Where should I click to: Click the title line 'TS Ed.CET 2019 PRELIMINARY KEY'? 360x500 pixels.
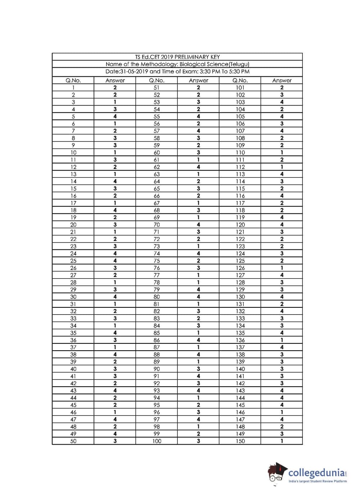click(x=177, y=57)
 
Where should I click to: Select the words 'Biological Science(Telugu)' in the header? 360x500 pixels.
click(x=215, y=64)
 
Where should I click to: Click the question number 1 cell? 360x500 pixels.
click(x=73, y=87)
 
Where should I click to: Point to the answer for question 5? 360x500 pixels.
click(x=115, y=116)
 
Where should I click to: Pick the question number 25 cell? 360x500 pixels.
click(x=73, y=261)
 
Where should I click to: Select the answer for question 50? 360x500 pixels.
click(x=115, y=441)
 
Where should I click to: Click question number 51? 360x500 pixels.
click(x=157, y=87)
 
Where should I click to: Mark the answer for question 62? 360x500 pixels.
click(x=198, y=167)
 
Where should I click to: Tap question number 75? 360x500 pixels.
click(x=157, y=261)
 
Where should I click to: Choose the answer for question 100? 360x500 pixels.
click(x=198, y=441)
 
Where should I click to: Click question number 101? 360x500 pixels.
click(x=240, y=87)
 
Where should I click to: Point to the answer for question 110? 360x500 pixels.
click(x=282, y=153)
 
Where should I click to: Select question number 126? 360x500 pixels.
click(x=240, y=268)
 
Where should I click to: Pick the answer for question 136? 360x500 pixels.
click(x=282, y=340)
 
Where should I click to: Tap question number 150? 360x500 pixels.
click(x=240, y=441)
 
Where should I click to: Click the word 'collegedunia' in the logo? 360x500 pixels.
click(x=317, y=472)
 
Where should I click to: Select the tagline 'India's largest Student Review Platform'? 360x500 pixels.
click(x=318, y=481)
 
